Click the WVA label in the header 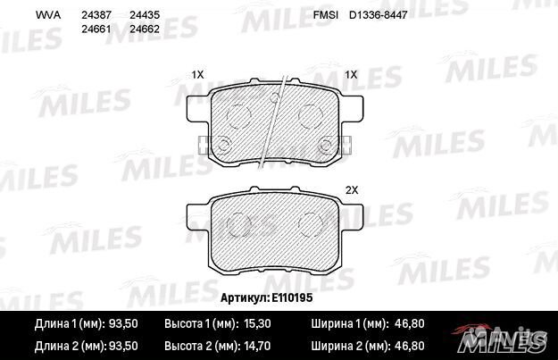coord(46,15)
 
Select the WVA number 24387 coord(96,15)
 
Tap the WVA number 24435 coord(145,15)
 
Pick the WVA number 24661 coord(96,29)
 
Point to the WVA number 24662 coord(145,29)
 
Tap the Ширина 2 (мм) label coord(349,345)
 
